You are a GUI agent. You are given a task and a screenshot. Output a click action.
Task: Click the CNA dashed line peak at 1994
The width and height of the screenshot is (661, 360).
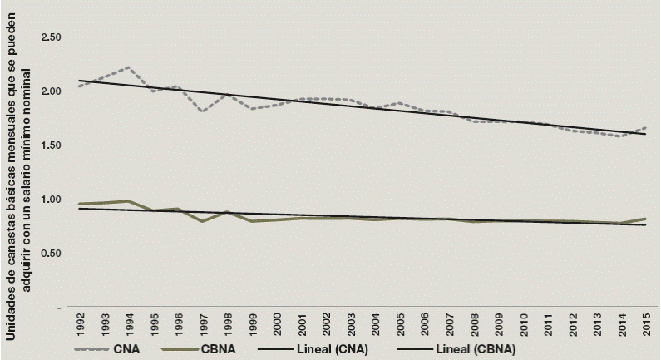pyautogui.click(x=128, y=67)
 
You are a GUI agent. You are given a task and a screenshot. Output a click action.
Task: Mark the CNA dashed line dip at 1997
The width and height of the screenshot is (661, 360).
pyautogui.click(x=203, y=111)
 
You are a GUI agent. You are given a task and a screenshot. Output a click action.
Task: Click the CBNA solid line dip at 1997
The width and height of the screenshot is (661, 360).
pyautogui.click(x=203, y=221)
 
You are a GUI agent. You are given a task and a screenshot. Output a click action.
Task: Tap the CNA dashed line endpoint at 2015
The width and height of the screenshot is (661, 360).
pyautogui.click(x=645, y=128)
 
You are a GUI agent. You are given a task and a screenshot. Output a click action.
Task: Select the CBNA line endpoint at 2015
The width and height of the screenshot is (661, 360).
pyautogui.click(x=645, y=219)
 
